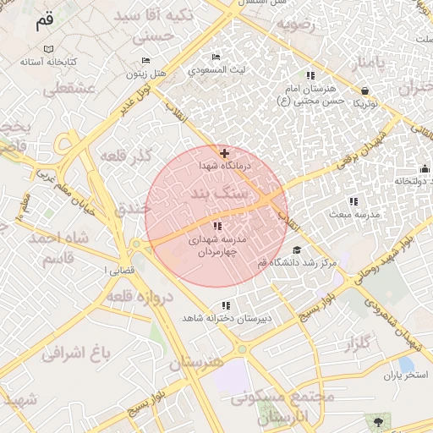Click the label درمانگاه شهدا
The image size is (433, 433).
click(224, 168)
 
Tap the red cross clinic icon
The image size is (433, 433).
click(223, 153)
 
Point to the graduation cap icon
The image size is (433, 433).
click(296, 249)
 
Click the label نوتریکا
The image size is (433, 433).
click(364, 103)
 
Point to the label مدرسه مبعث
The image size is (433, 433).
click(353, 215)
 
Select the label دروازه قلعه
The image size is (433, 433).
click(140, 295)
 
